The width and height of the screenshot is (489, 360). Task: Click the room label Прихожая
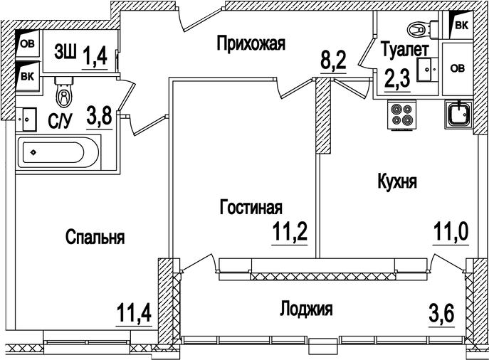pos(251,45)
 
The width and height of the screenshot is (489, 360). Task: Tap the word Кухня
pos(396,182)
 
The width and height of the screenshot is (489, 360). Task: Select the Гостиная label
pos(251,208)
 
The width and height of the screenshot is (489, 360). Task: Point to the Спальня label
pos(95,238)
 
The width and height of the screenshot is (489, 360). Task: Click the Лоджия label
pos(306,309)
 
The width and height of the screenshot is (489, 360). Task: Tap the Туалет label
pos(404,51)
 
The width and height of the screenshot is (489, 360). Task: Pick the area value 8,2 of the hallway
pos(332,59)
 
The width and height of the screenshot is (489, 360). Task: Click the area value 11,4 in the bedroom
pos(135,312)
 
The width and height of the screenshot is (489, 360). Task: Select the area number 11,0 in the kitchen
pos(451,232)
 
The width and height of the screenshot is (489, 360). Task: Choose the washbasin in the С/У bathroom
pos(28,119)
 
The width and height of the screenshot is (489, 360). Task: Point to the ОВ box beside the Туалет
pos(457,68)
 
